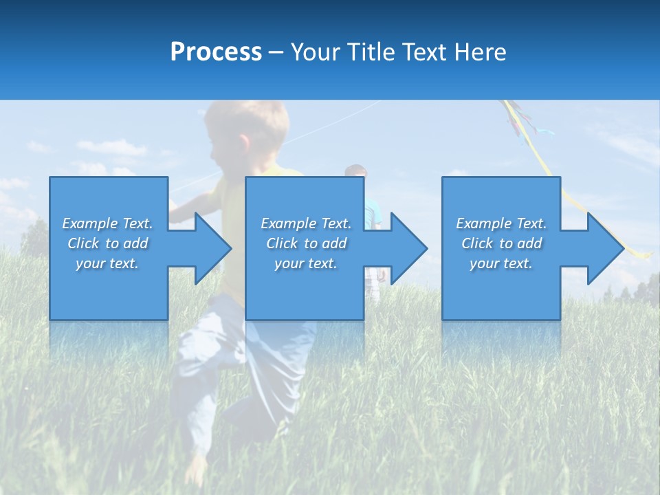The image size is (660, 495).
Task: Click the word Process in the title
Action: point(216,52)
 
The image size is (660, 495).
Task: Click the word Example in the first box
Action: point(89,223)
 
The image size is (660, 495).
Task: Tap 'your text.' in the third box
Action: point(500,263)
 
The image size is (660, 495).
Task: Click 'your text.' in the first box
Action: point(107,263)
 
